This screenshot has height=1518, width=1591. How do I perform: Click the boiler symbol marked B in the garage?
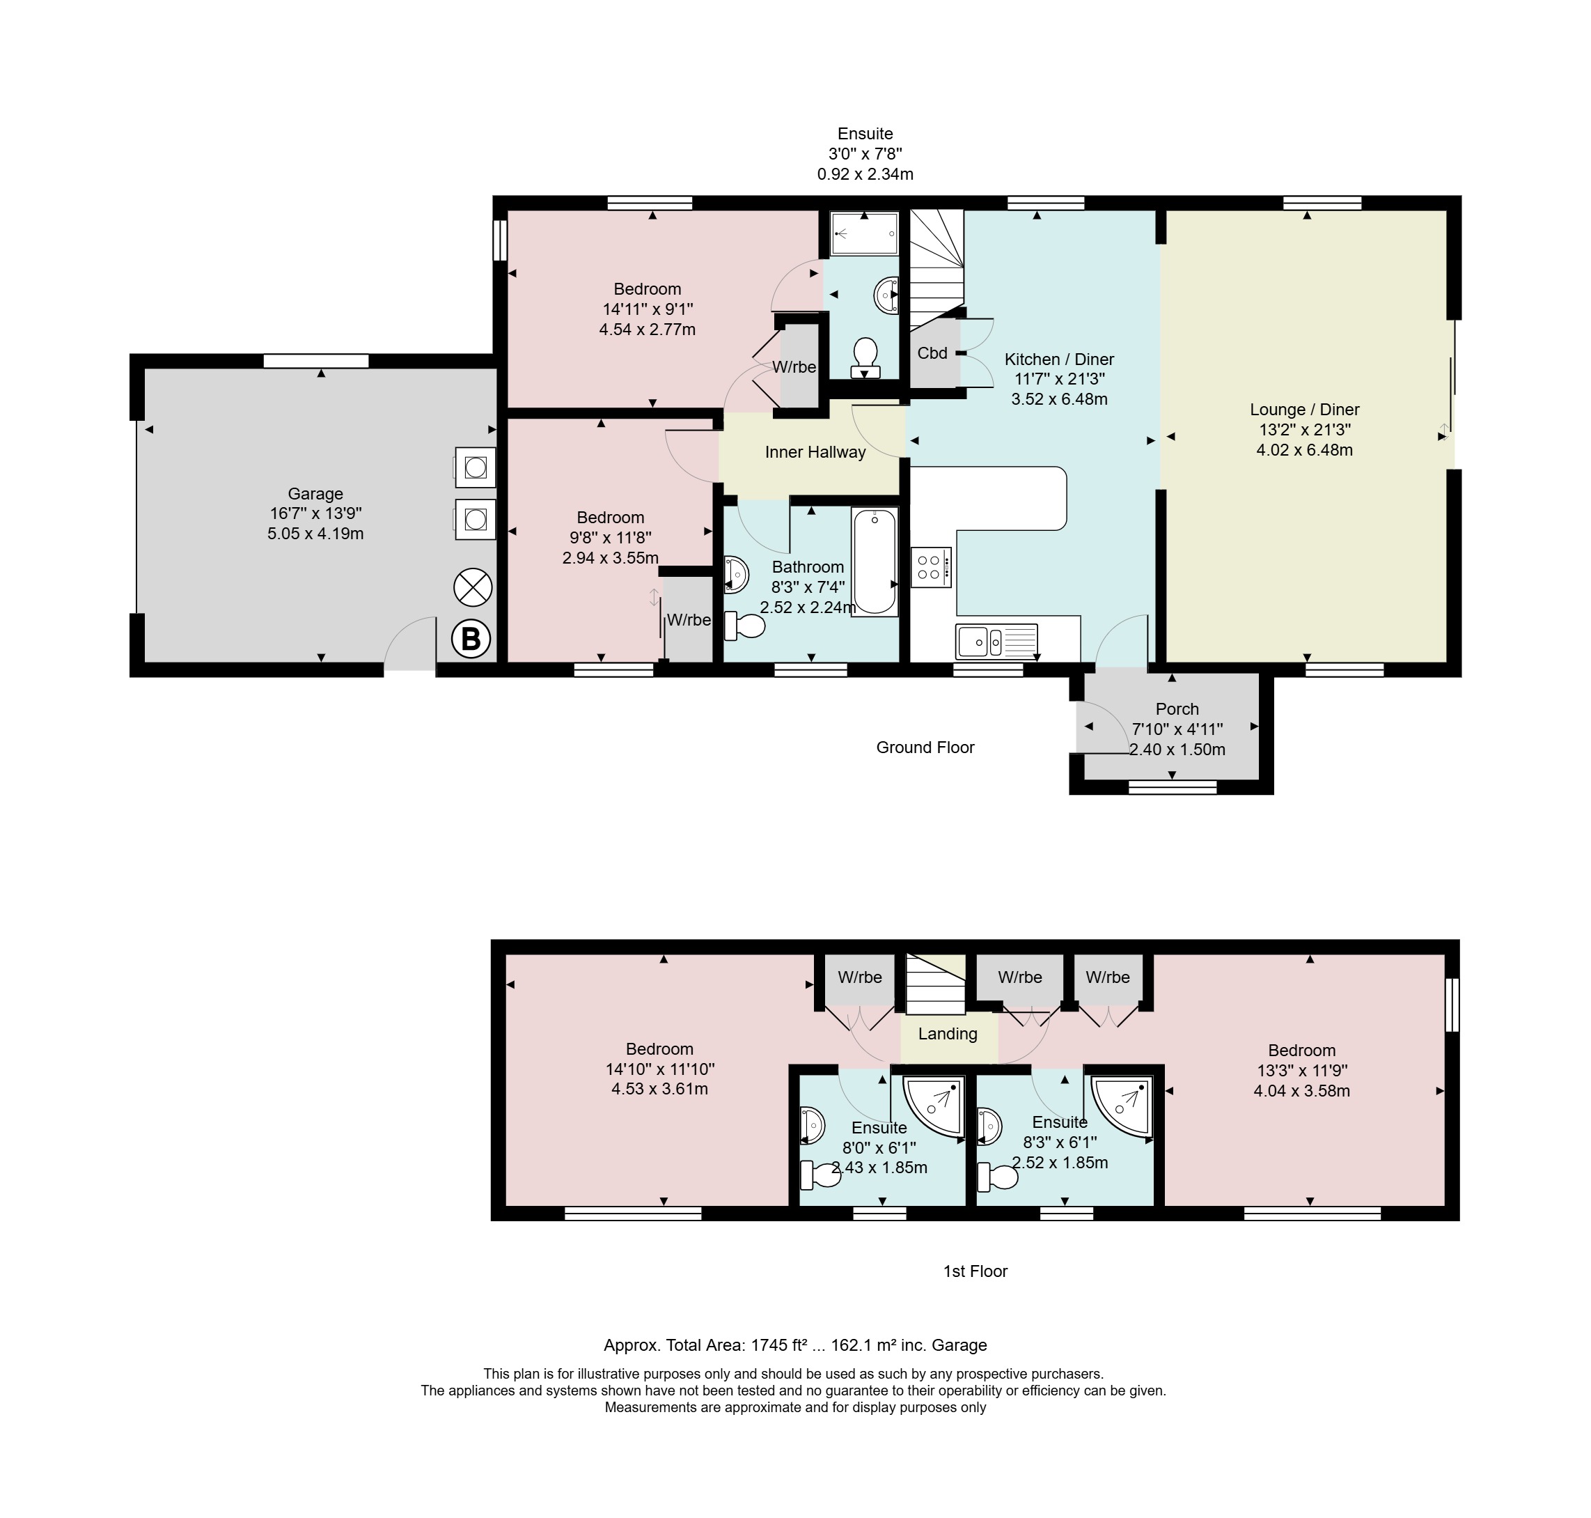point(471,640)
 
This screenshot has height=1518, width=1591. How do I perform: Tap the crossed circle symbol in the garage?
point(473,587)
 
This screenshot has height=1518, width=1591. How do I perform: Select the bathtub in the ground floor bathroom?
point(875,561)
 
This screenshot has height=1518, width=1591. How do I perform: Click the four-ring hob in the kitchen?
point(931,567)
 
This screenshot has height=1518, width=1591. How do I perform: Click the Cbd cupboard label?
point(932,354)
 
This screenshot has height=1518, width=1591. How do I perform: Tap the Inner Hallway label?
point(815,452)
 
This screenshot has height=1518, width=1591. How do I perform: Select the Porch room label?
point(1177,708)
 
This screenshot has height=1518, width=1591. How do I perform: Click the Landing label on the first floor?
point(947,1034)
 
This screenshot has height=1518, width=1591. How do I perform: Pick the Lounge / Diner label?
point(1305,410)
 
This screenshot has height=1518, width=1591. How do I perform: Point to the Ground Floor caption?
point(925,748)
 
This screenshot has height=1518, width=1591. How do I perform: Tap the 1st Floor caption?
point(975,1271)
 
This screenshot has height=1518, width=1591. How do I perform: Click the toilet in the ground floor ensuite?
point(865,357)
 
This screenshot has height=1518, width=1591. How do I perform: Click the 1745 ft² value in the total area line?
point(780,1346)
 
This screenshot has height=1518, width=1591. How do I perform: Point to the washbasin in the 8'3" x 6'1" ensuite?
point(989,1126)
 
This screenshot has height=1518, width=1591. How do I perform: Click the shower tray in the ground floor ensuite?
point(865,234)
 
